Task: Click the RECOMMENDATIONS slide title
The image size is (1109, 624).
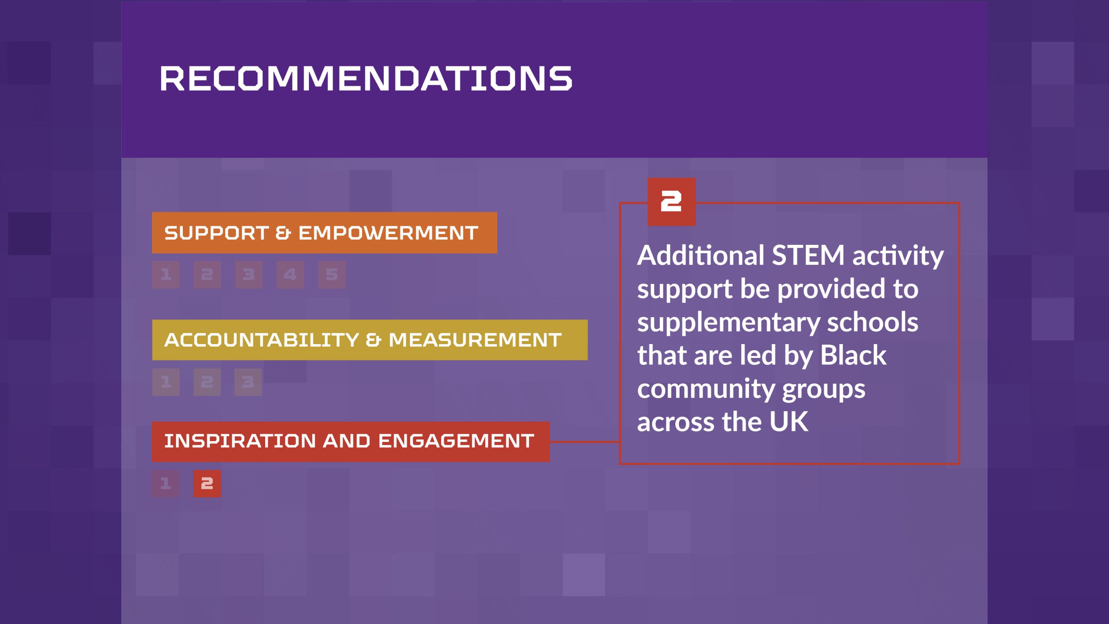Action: [366, 78]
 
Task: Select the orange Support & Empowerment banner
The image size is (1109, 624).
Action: [324, 233]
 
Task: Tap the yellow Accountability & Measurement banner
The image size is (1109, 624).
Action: [370, 340]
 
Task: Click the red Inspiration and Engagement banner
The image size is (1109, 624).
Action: [350, 442]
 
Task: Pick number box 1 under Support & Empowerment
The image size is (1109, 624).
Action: [165, 275]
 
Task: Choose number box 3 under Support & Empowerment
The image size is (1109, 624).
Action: [249, 275]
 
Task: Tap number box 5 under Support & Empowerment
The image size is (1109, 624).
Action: [332, 275]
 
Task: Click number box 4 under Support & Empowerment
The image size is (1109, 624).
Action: [290, 275]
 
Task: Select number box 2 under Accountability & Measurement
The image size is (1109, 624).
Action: [207, 382]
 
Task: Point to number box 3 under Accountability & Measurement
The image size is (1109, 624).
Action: [248, 382]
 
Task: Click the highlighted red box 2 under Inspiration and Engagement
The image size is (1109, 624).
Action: [207, 484]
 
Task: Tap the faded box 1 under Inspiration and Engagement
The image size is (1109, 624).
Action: [165, 484]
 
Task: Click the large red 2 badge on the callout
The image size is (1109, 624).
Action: [671, 202]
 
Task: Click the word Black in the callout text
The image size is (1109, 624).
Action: [853, 355]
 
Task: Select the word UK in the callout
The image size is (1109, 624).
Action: [788, 422]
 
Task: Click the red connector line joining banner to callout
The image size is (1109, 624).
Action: [585, 442]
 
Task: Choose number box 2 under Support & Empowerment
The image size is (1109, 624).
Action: [207, 275]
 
